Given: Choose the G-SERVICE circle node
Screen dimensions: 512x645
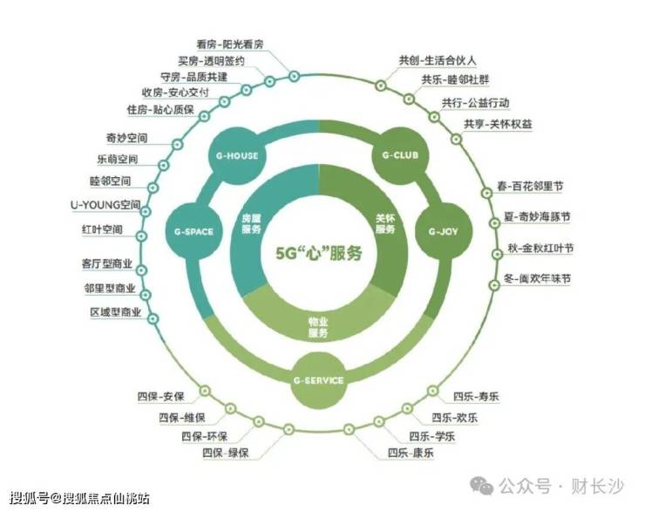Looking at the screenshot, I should tap(318, 381).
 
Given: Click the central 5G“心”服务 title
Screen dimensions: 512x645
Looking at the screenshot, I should tap(319, 254).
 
